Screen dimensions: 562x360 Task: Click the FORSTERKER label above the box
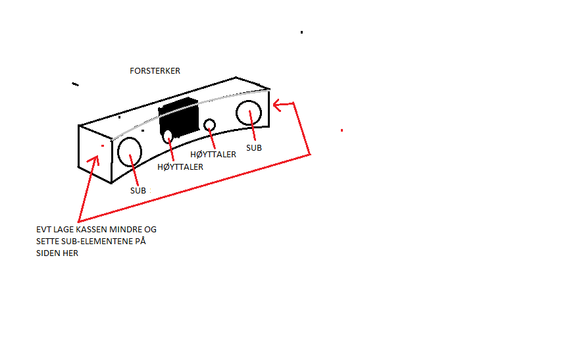coord(155,71)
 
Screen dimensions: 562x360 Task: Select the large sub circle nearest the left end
coord(130,151)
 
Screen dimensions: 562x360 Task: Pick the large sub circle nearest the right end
coord(249,113)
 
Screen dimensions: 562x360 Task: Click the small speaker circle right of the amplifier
coord(209,125)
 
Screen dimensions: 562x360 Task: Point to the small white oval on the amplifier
coord(168,137)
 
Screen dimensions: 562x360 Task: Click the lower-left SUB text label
coord(138,190)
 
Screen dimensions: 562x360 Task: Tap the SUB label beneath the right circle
coord(254,147)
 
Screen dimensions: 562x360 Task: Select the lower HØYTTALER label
coord(180,167)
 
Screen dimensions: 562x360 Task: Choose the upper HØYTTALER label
coord(213,155)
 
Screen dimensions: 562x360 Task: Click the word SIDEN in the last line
coord(48,253)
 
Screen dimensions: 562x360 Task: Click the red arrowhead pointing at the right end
coord(278,105)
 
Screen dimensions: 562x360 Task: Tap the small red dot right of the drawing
coord(342,130)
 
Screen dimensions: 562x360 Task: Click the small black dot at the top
coord(302,32)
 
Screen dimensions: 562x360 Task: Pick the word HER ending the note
coord(70,253)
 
